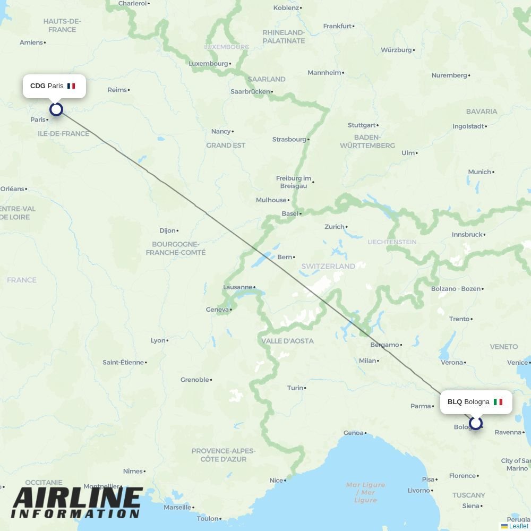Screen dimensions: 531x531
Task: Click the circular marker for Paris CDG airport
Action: point(56,109)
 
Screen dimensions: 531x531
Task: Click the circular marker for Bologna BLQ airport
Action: point(476,423)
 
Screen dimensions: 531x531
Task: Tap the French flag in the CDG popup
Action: point(71,86)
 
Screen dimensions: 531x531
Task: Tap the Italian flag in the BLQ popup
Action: point(498,402)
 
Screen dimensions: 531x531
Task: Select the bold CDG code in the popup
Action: point(38,86)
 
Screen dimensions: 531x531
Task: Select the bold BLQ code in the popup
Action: point(455,402)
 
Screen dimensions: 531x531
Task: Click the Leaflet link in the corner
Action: point(518,526)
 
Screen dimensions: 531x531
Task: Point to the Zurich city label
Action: point(335,227)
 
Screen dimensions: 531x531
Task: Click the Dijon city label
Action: point(167,230)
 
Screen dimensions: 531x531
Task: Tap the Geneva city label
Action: point(217,310)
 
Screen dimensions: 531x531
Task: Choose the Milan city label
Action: point(367,361)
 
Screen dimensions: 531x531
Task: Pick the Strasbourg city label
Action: point(289,139)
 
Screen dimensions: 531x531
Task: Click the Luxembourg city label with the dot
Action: point(208,64)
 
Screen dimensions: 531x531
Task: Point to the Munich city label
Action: point(479,172)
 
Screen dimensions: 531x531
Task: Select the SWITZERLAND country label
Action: point(328,266)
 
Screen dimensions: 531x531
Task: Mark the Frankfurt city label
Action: point(337,26)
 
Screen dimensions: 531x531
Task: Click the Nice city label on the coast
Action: point(276,480)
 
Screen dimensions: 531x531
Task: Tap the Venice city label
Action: point(517,362)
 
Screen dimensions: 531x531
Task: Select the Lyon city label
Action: point(158,340)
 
